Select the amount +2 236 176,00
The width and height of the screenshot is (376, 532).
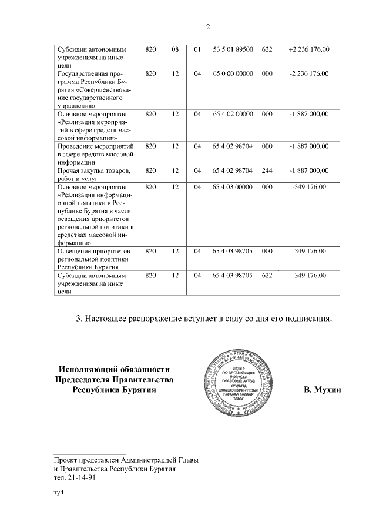point(309,49)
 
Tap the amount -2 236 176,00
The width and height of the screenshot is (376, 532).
point(309,73)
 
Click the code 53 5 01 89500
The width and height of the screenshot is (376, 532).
point(233,49)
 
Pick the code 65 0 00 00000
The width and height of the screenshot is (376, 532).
point(233,73)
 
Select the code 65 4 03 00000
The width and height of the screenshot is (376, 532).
point(233,187)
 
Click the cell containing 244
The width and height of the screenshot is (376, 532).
point(267,170)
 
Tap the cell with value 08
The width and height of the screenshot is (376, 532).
point(175,49)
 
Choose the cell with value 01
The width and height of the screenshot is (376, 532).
point(197,49)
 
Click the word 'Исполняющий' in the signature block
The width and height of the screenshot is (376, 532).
point(88,369)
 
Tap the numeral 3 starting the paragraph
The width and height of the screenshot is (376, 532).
point(79,319)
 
